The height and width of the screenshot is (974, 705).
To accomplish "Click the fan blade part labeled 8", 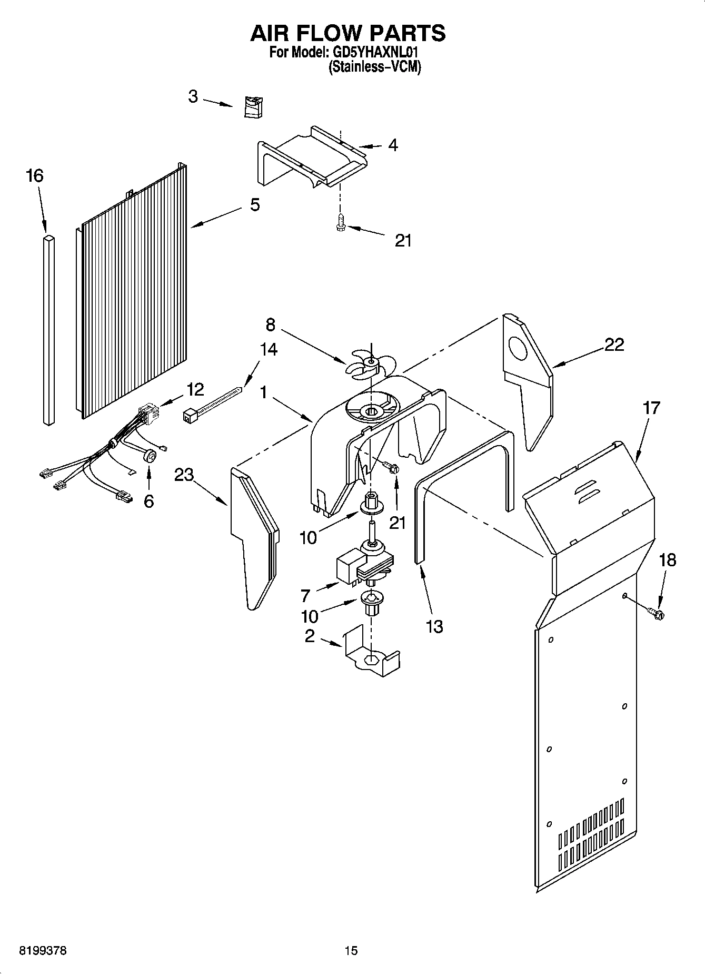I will (x=371, y=363).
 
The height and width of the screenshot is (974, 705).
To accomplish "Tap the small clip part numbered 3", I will (x=254, y=107).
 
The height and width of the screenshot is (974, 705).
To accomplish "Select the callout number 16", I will (x=35, y=176).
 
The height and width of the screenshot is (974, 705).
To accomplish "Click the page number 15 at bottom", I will (x=351, y=950).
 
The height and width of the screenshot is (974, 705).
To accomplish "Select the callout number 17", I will (x=651, y=408).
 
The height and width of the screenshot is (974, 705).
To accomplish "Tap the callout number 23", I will (x=184, y=475).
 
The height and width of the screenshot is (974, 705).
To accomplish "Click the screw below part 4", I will (x=341, y=224).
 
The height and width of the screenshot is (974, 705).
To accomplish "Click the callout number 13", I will (x=434, y=626).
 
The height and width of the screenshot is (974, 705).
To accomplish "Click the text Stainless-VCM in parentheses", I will (x=375, y=67).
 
